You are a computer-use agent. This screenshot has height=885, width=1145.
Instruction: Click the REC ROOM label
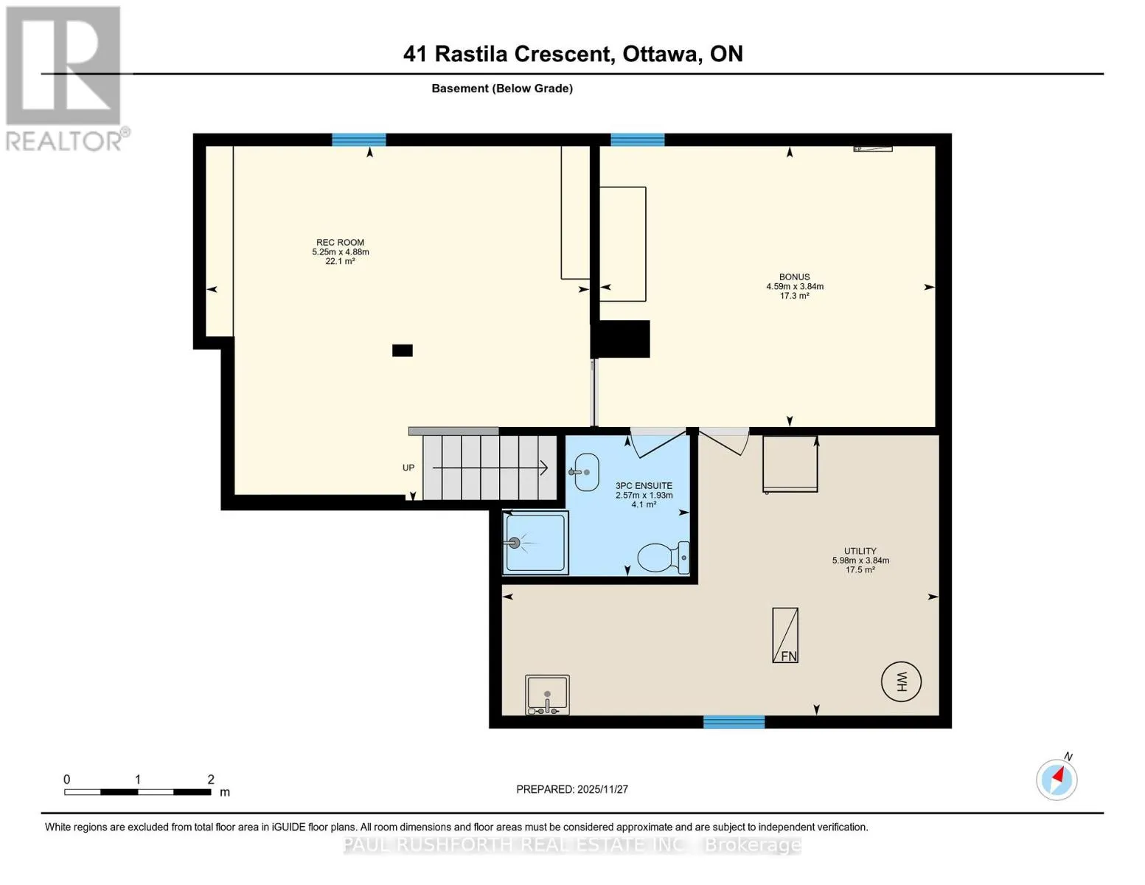coord(340,243)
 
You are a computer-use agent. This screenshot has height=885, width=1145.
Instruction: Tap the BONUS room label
coord(795,277)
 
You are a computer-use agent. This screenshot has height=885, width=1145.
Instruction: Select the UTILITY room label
coord(860,551)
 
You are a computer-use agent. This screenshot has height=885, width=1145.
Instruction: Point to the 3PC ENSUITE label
coord(644,485)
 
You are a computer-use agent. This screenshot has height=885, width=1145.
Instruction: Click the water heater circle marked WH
coord(901,681)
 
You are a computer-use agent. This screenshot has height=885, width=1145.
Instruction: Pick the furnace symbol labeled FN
coord(785,635)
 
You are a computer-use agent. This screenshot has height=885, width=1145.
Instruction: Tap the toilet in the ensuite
coord(663,557)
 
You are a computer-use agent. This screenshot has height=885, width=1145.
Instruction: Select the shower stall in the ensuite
coord(535,542)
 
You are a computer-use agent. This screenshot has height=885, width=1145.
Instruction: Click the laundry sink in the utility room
coord(548,695)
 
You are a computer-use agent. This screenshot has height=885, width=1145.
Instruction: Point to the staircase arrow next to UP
coord(490,468)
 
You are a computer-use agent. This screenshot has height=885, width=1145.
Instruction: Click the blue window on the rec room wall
coord(359,139)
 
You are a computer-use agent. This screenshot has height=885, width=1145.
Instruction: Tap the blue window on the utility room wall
coord(734,721)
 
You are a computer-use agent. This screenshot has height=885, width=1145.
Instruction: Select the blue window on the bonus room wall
coord(638,139)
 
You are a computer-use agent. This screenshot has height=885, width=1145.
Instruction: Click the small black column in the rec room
coord(403,350)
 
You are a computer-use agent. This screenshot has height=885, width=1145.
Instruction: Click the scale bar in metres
coord(138,792)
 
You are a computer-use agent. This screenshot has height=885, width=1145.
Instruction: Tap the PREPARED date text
coord(572,789)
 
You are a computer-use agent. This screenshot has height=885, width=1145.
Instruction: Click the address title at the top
coord(573,54)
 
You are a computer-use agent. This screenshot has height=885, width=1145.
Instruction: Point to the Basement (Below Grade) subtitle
coord(502,88)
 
